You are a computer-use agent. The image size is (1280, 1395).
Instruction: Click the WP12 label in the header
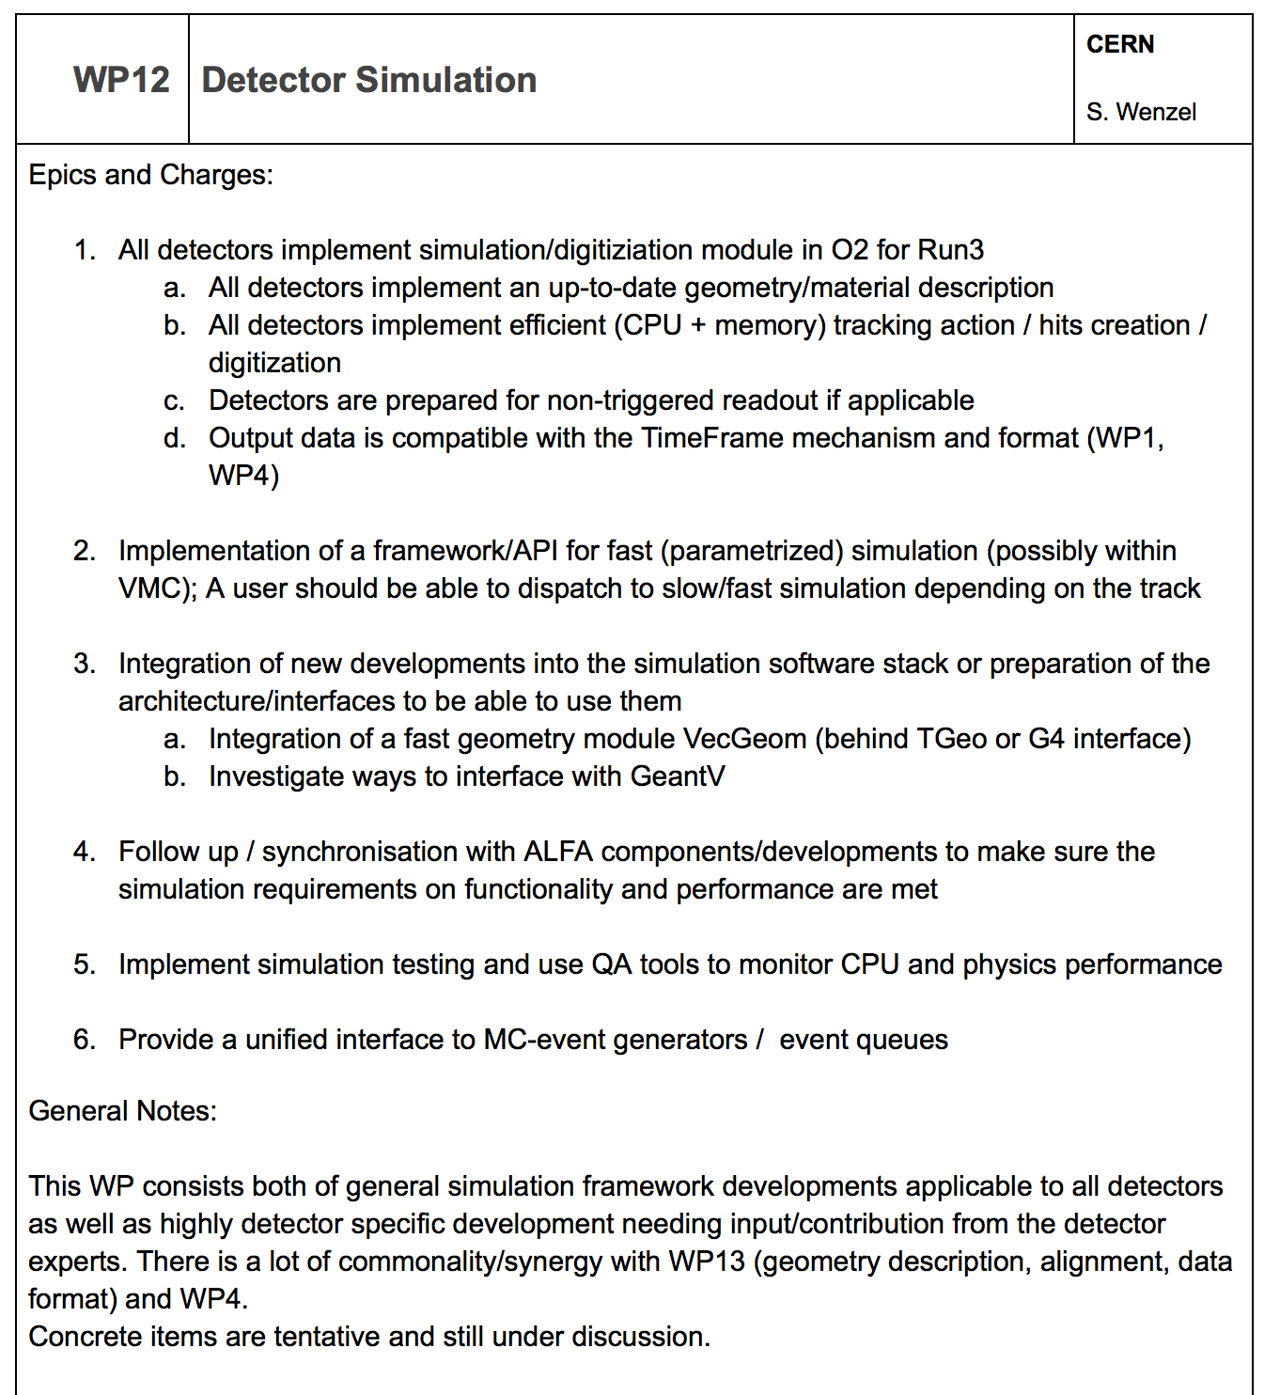pyautogui.click(x=121, y=80)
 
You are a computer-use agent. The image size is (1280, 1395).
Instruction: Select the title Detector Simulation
pyautogui.click(x=369, y=80)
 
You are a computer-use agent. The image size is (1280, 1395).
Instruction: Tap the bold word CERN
pyautogui.click(x=1120, y=44)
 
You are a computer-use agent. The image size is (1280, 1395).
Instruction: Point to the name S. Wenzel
pyautogui.click(x=1141, y=112)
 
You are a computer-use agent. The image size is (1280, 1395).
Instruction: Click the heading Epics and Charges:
pyautogui.click(x=150, y=175)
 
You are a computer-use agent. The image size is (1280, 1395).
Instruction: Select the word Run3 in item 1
pyautogui.click(x=950, y=250)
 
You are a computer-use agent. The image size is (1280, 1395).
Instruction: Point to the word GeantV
pyautogui.click(x=678, y=776)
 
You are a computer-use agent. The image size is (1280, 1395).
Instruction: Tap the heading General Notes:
pyautogui.click(x=122, y=1111)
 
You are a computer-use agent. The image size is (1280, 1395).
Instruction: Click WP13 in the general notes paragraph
pyautogui.click(x=706, y=1262)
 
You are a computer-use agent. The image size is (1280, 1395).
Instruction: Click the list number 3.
pyautogui.click(x=84, y=664)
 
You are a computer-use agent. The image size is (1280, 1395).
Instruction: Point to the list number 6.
pyautogui.click(x=84, y=1040)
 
